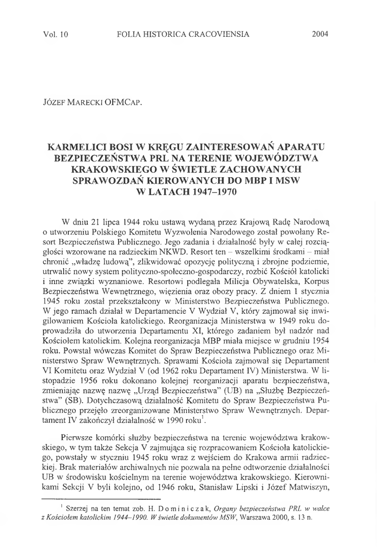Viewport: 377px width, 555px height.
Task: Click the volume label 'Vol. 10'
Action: point(54,34)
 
